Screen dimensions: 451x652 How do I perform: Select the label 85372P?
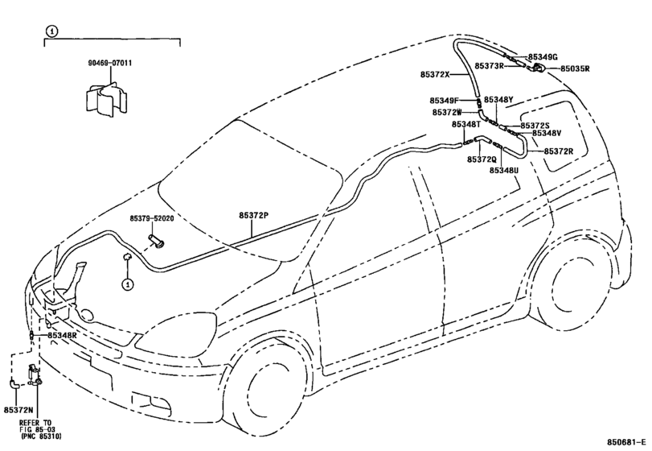point(256,215)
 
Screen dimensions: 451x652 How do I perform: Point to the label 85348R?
point(62,334)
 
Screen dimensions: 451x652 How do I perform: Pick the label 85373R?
point(489,66)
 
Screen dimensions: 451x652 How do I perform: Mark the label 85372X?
point(435,75)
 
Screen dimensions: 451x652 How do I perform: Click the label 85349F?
point(444,101)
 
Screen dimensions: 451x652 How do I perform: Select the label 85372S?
point(535,126)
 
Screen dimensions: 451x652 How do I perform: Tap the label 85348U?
point(504,171)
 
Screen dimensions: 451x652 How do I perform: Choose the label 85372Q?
point(482,159)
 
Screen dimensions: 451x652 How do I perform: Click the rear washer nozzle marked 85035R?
point(541,68)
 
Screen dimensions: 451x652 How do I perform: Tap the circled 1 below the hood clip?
point(127,284)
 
